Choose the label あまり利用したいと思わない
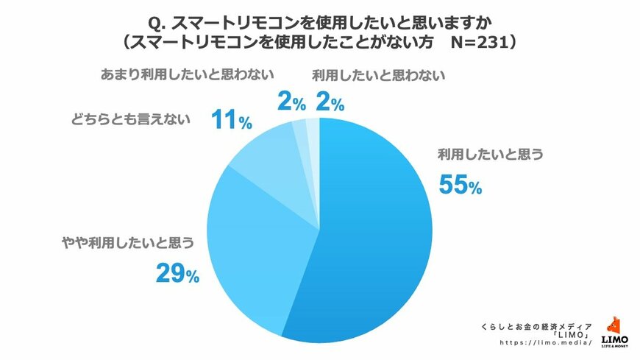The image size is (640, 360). point(186,74)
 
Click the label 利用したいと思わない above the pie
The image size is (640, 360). point(379,74)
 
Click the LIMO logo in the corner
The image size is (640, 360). point(614,331)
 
